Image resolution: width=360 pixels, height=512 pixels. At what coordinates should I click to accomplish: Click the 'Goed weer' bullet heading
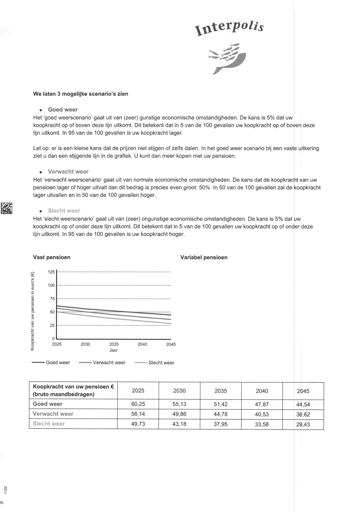coord(63,110)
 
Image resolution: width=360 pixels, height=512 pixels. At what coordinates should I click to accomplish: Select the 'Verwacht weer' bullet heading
coord(68,172)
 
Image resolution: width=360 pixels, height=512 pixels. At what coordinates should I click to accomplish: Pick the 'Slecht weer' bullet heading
coord(64,211)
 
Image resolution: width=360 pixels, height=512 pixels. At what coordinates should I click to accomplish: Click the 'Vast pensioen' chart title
coord(52,257)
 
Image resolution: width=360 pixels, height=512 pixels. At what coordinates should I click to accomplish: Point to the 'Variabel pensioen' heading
coord(204,257)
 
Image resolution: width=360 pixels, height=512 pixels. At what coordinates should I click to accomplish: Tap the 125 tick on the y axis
coord(51,272)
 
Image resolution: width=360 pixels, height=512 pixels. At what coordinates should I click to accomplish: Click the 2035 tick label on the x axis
coord(114,344)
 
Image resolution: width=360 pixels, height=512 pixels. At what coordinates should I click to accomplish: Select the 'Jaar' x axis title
coord(113,350)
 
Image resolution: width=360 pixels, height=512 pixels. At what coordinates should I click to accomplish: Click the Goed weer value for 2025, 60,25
coord(138,404)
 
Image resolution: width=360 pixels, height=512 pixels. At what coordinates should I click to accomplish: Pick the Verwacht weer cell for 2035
coord(220,414)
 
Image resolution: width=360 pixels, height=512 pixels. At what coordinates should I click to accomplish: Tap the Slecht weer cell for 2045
coord(303,424)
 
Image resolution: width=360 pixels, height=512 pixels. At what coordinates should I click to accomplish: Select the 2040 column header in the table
coord(262,391)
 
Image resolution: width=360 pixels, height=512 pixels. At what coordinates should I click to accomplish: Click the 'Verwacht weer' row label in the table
coord(53,414)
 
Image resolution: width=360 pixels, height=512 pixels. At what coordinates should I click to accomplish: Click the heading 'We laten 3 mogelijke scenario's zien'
coord(81,94)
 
